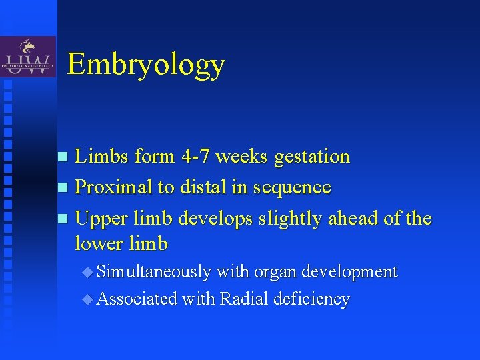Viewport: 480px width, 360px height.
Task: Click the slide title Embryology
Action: (146, 65)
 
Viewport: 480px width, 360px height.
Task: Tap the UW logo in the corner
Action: (28, 58)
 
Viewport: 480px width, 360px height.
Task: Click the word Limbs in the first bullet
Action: (102, 157)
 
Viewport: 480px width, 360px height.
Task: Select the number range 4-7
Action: (196, 157)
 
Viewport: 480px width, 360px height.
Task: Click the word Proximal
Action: (113, 187)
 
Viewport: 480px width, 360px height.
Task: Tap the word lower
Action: (97, 244)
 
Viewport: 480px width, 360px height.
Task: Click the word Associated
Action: (137, 299)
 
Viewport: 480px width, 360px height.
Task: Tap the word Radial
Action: (243, 299)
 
